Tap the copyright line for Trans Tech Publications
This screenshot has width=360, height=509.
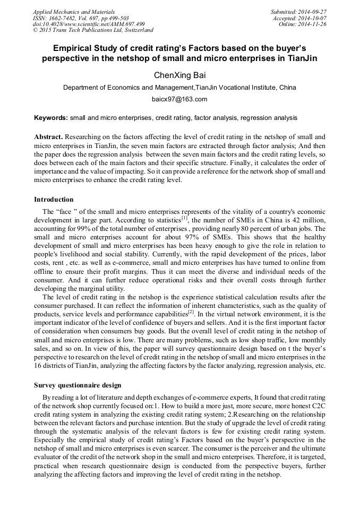pyautogui.click(x=93, y=30)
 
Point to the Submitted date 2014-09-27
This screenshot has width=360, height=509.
pyautogui.click(x=298, y=11)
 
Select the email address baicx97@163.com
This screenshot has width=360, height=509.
pyautogui.click(x=179, y=99)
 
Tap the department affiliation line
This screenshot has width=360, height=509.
pyautogui.click(x=179, y=87)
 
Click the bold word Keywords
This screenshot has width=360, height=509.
pyautogui.click(x=50, y=117)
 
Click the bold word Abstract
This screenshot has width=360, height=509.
pyautogui.click(x=48, y=136)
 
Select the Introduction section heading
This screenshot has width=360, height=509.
pyautogui.click(x=54, y=200)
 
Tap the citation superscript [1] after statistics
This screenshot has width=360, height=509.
pyautogui.click(x=185, y=217)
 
